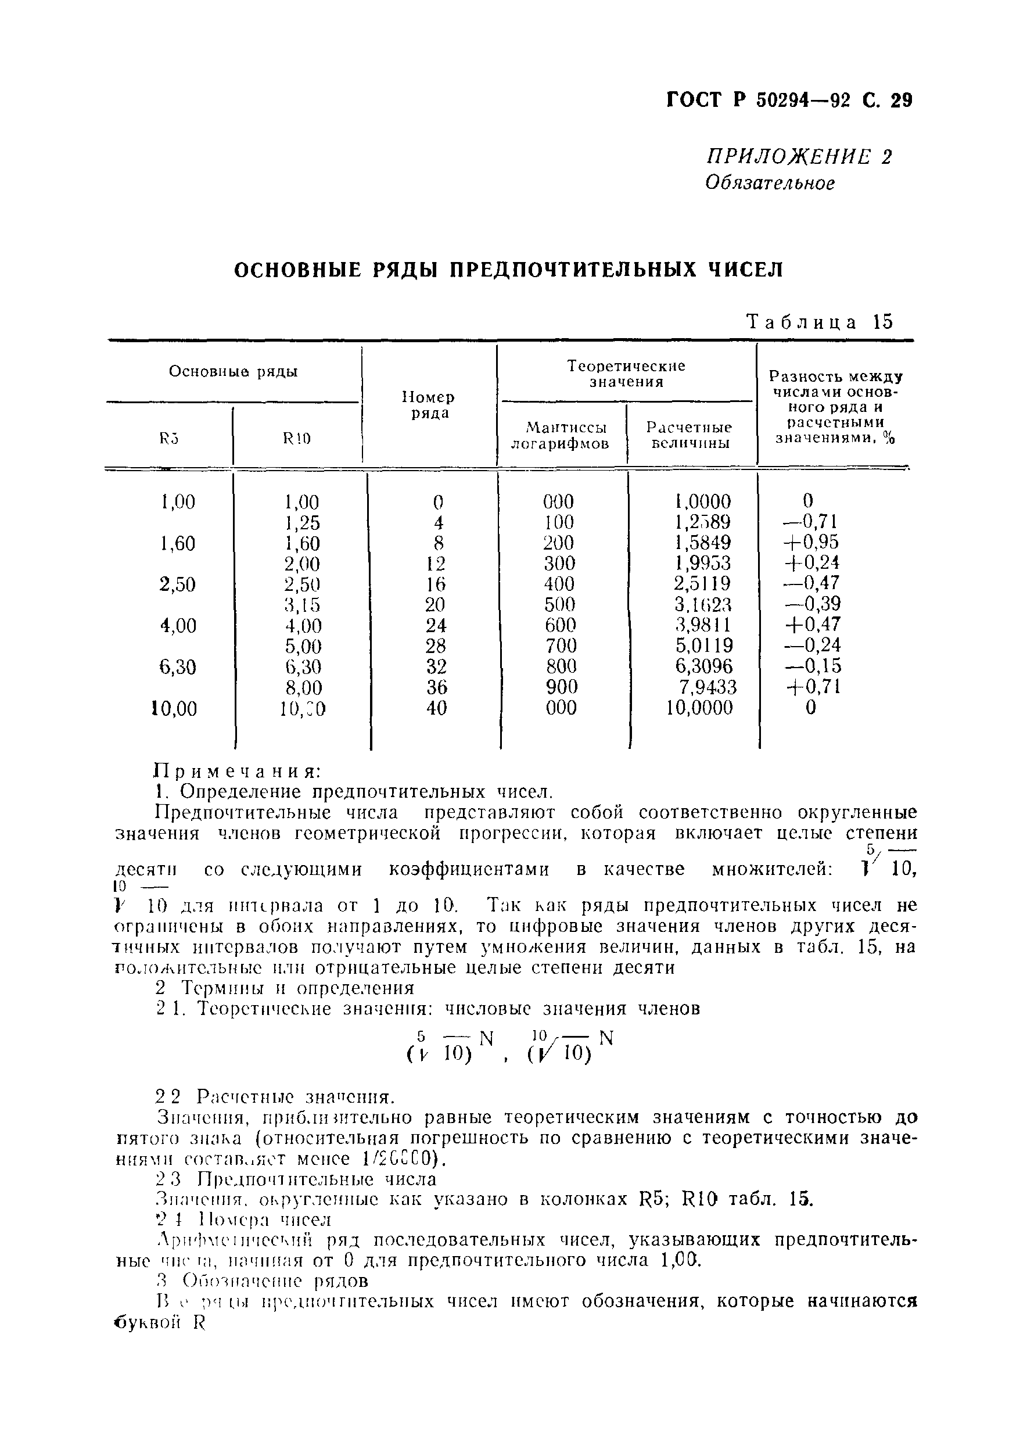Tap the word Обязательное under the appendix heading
point(770,184)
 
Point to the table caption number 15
point(882,322)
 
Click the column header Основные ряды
point(233,371)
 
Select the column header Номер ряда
point(429,406)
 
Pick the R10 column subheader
point(297,437)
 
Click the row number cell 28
point(436,645)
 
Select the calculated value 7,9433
point(707,687)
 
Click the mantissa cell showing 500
point(559,605)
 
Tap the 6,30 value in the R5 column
point(178,667)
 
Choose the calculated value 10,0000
point(699,708)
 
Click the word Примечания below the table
point(238,772)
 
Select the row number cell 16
point(436,584)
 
